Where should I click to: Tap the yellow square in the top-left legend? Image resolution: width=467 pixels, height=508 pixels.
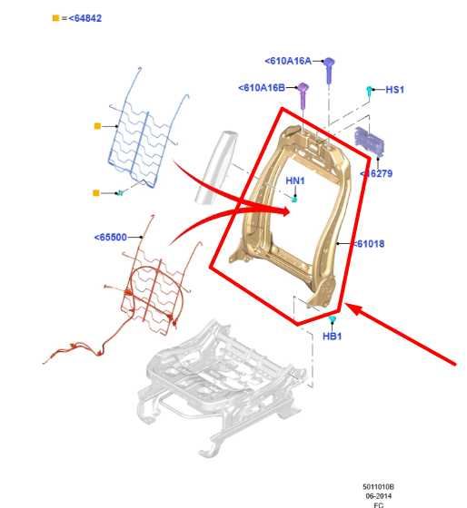pyautogui.click(x=56, y=17)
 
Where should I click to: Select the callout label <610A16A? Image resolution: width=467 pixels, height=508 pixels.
pyautogui.click(x=288, y=61)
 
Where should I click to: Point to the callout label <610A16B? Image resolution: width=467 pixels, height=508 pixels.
pyautogui.click(x=261, y=88)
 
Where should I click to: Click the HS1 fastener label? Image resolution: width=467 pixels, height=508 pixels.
pyautogui.click(x=394, y=89)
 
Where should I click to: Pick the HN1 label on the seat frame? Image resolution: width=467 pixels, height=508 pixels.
pyautogui.click(x=295, y=181)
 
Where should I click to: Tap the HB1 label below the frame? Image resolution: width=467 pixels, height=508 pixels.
pyautogui.click(x=333, y=337)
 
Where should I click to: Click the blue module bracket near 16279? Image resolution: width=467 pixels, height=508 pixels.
pyautogui.click(x=370, y=142)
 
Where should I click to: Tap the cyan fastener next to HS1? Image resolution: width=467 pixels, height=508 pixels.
pyautogui.click(x=370, y=90)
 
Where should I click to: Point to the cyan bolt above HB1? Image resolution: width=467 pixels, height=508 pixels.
pyautogui.click(x=333, y=320)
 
